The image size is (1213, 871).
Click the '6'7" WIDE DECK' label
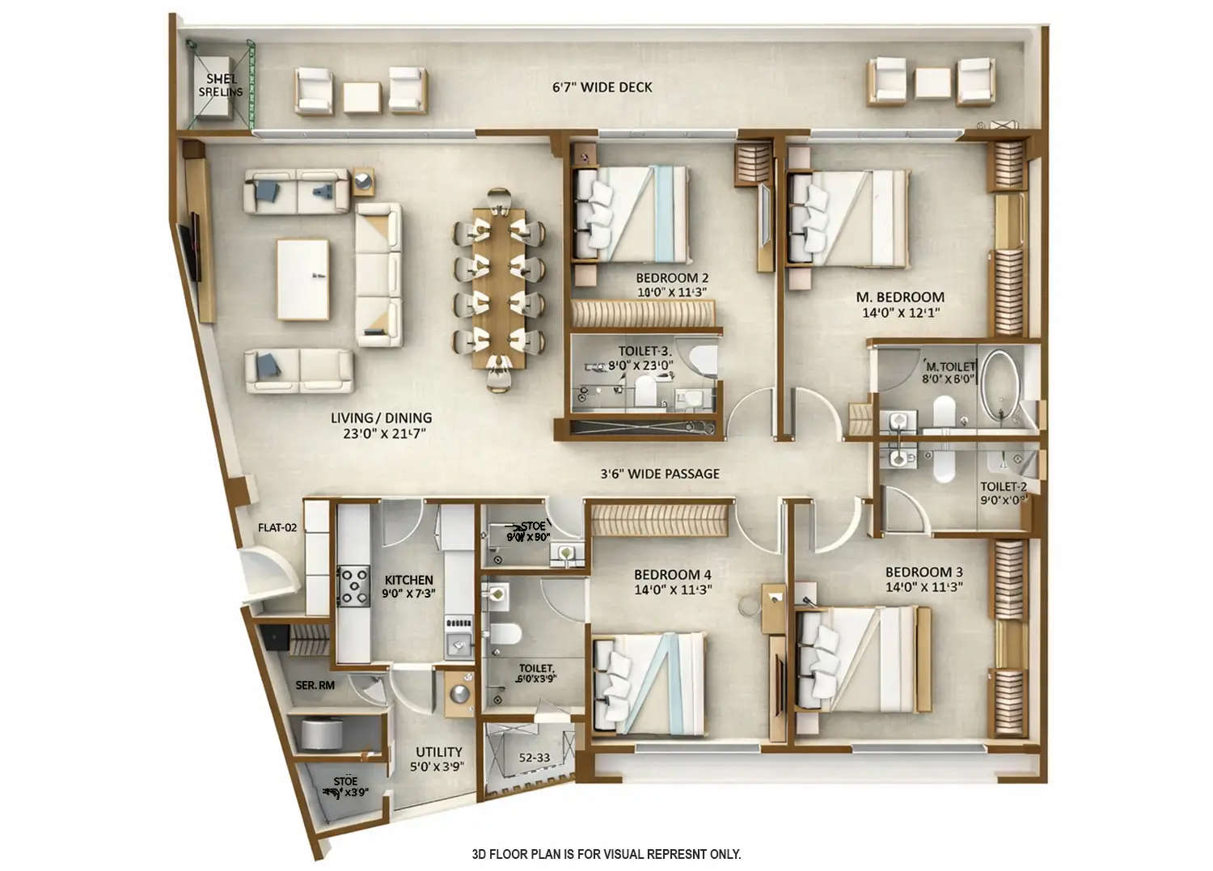point(602,87)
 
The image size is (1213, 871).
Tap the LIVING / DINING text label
point(381,418)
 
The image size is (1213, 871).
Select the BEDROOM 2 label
point(672,278)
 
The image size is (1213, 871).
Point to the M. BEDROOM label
point(900,298)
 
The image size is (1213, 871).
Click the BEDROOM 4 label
point(673,575)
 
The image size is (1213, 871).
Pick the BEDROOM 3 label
point(923,572)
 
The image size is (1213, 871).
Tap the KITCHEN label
point(408,580)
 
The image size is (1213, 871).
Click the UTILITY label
point(439,752)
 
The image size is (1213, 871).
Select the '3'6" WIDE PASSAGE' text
point(660,474)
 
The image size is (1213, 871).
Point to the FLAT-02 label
point(277,528)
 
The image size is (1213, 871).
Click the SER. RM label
point(315,686)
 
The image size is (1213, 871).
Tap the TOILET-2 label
point(1004,487)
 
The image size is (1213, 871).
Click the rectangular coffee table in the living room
point(303,280)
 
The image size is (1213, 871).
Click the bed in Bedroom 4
point(649,682)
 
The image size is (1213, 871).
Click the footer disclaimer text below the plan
point(606,854)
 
